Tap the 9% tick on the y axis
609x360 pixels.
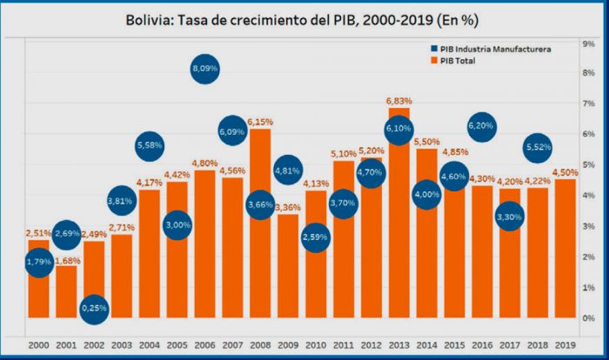point(589,42)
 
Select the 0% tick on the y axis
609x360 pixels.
point(589,317)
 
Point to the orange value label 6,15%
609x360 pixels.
point(260,123)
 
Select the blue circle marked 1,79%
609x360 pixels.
point(38,261)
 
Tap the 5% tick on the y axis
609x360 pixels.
point(589,164)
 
